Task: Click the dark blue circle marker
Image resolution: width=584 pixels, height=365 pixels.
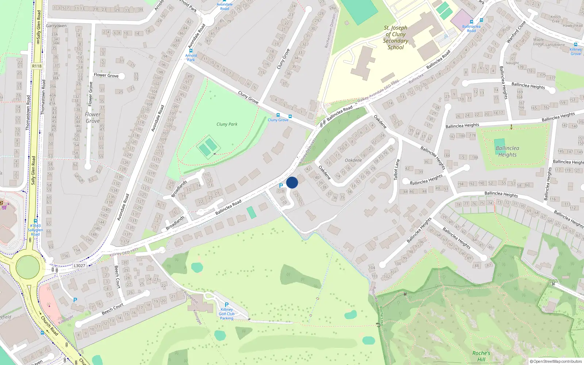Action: (x=292, y=182)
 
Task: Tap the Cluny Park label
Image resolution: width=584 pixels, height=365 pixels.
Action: (x=227, y=124)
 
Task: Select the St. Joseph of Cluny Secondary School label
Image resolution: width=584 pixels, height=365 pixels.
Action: (x=395, y=38)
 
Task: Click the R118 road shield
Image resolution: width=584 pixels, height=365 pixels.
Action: (x=36, y=66)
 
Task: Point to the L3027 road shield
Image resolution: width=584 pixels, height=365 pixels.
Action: (x=79, y=266)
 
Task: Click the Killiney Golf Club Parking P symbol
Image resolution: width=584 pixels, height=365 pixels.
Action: (x=227, y=305)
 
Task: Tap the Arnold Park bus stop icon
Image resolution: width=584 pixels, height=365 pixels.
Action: (x=191, y=51)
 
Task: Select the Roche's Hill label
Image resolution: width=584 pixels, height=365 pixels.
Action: (x=481, y=356)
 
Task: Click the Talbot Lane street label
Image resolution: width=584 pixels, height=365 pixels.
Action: (x=396, y=169)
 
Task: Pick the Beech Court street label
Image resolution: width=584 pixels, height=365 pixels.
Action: (x=112, y=309)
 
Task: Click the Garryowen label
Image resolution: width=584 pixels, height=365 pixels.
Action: (x=56, y=26)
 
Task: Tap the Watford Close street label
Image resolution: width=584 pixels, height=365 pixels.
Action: (x=516, y=32)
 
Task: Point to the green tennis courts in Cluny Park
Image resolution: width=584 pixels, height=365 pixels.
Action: (x=208, y=146)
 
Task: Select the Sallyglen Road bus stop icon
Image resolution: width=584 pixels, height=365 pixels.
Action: (x=35, y=221)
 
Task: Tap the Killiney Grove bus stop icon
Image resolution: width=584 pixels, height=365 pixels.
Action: (x=576, y=45)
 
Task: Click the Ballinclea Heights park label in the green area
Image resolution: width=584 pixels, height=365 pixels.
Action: (x=507, y=151)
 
